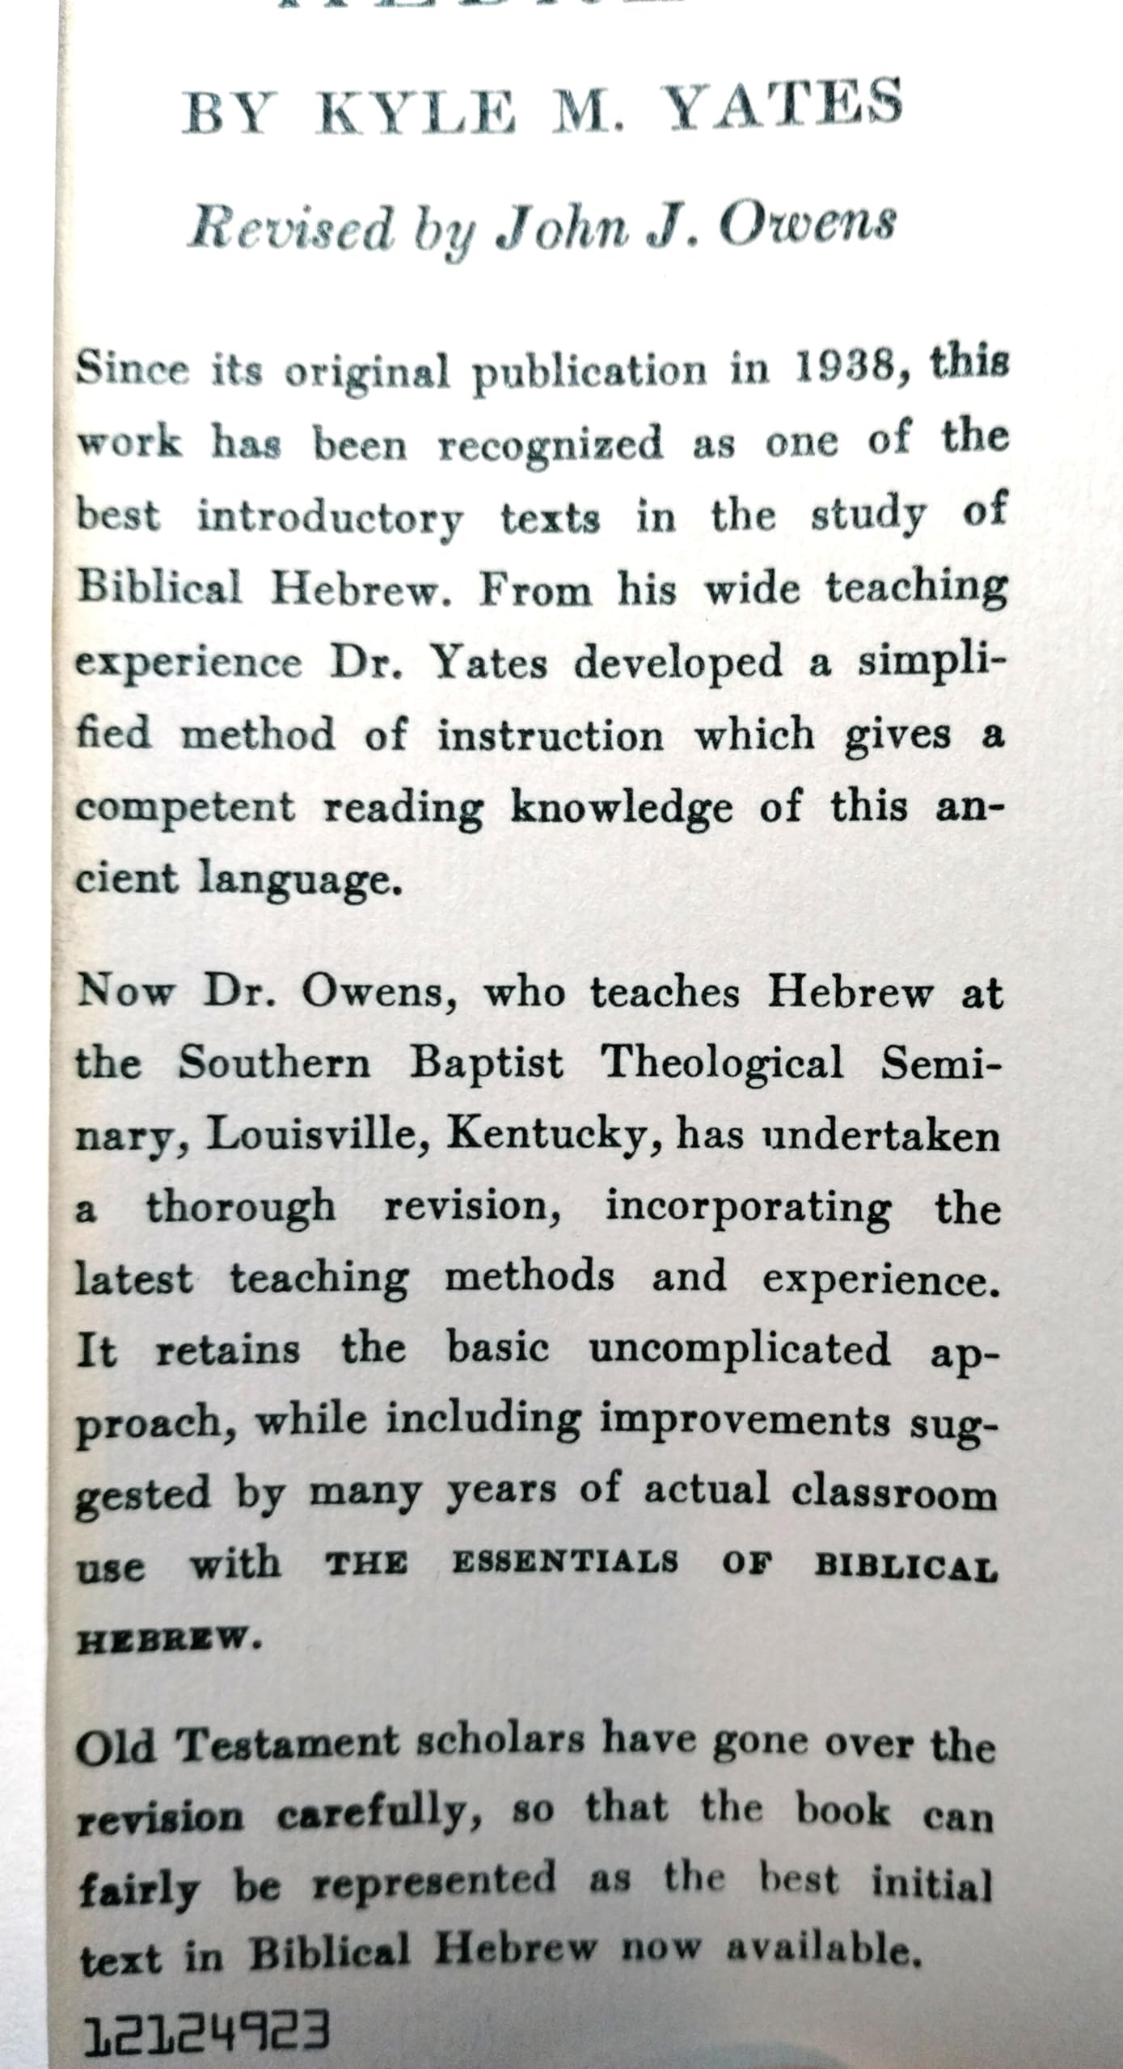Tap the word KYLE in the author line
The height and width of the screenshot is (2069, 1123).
tap(417, 113)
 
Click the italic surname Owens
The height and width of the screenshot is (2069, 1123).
tap(806, 224)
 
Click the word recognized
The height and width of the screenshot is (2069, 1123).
tap(550, 444)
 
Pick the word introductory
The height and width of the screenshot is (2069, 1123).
tap(331, 517)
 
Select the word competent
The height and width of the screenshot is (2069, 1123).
tap(185, 808)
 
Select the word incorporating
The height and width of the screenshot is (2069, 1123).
tap(748, 1208)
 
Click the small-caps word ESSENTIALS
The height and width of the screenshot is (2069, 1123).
tap(564, 1562)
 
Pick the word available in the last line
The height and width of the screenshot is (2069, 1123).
tap(823, 1949)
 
